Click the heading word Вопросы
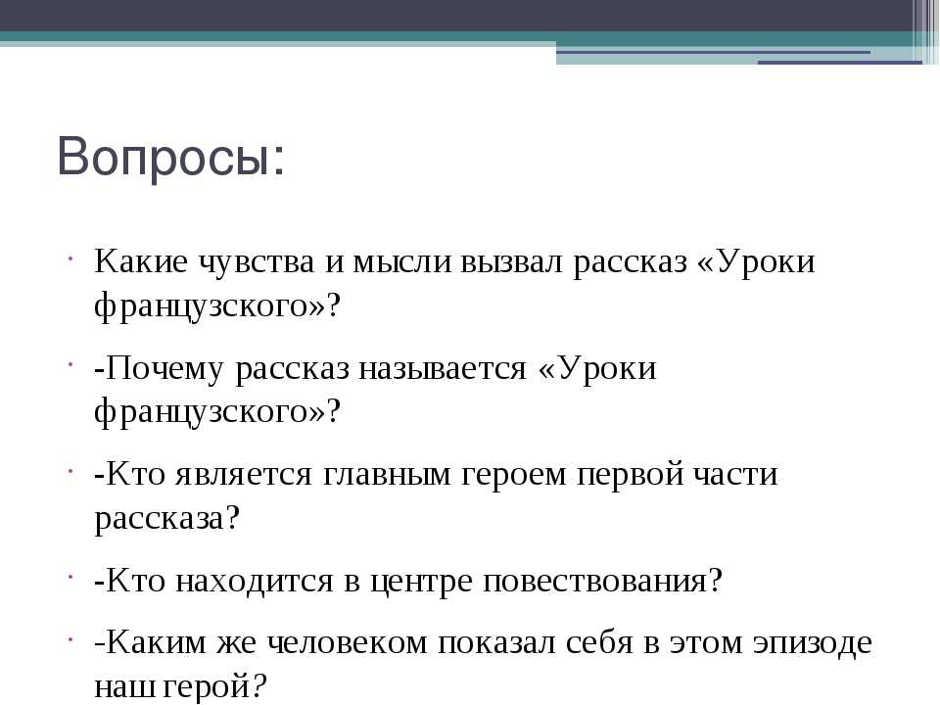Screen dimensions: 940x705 pos(170,157)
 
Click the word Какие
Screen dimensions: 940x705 pos(141,261)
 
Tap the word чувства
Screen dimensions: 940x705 pos(256,262)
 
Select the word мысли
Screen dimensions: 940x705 pos(401,262)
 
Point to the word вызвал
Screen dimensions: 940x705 pos(511,262)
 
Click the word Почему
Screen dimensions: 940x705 pos(164,369)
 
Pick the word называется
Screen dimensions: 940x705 pos(443,369)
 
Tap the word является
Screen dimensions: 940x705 pos(244,475)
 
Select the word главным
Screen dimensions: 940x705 pos(388,475)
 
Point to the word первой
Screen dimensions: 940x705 pos(631,475)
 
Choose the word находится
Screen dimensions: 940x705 pos(255,582)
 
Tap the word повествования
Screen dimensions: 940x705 pos(596,582)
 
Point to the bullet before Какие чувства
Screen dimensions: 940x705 pos(70,258)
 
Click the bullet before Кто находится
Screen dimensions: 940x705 pos(70,578)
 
